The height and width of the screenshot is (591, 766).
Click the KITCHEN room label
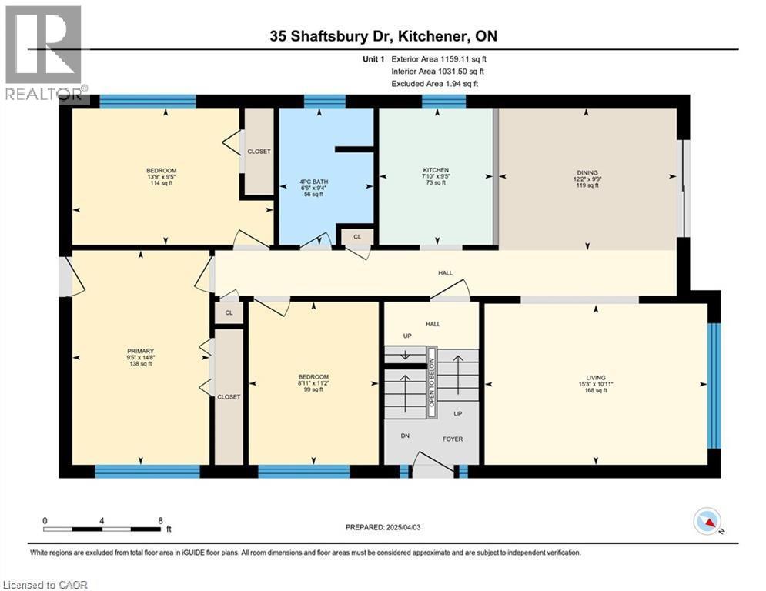coord(435,170)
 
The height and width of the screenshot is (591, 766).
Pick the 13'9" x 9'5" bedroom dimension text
coord(162,177)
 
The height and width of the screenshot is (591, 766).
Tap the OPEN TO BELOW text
coord(432,382)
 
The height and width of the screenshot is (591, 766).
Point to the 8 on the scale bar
coord(159,520)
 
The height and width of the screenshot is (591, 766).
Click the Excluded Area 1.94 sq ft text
coord(435,84)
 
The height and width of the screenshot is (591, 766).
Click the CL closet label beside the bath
coord(357,237)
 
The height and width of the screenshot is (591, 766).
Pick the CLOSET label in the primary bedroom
coord(229,396)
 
